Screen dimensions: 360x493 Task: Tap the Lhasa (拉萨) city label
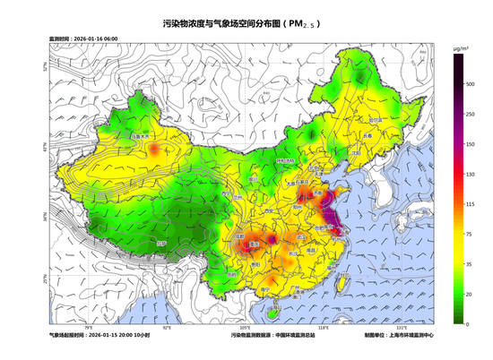(161, 244)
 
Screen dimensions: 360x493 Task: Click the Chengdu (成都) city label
(239, 236)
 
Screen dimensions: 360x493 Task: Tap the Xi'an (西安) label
(266, 212)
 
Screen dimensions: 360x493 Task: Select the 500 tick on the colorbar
(469, 83)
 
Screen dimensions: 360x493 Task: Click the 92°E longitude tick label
(167, 329)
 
